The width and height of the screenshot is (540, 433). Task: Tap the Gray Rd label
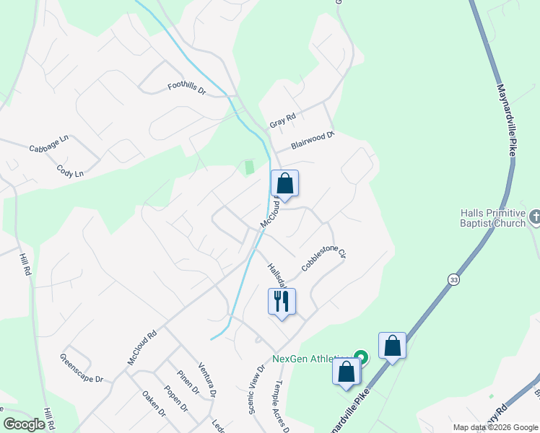[x=283, y=121]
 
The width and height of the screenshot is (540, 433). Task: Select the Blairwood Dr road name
[x=313, y=139]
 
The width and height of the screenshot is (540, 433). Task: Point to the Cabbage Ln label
[x=48, y=144]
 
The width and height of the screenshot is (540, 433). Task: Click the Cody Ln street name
[x=70, y=170]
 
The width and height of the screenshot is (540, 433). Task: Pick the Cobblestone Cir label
[x=324, y=257]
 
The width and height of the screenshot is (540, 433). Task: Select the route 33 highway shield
[x=453, y=279]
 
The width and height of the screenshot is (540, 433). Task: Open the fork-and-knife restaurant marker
[x=282, y=301]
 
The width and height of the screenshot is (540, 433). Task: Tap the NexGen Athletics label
[x=312, y=358]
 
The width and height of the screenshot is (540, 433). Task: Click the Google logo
[x=24, y=424]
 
